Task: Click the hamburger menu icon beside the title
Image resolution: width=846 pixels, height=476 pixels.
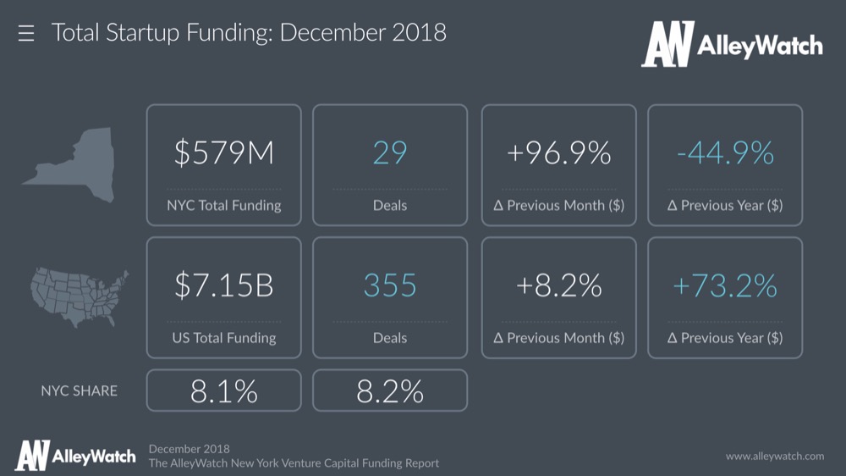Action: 26,34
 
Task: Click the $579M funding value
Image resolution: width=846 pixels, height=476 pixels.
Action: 223,153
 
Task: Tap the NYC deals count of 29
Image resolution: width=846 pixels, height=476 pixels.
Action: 389,153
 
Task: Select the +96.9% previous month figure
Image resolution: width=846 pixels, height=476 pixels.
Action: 558,153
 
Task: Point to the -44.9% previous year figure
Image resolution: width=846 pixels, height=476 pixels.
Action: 725,153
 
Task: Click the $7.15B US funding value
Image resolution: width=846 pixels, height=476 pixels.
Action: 223,285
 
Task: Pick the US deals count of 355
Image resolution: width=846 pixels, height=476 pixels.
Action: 389,285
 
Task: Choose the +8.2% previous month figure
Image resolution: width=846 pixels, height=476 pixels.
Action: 558,285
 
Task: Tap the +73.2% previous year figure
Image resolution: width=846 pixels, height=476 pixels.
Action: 725,285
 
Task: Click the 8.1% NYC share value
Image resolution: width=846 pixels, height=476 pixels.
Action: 223,390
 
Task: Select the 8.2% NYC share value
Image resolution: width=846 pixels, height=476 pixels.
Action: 389,390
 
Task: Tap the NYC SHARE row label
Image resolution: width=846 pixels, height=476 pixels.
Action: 80,390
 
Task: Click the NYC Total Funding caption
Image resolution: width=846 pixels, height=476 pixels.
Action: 223,205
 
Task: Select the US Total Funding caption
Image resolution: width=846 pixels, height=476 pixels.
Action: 223,337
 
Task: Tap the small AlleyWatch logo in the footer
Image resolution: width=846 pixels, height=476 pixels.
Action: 74,456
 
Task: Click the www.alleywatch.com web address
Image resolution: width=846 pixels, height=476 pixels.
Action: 774,456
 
